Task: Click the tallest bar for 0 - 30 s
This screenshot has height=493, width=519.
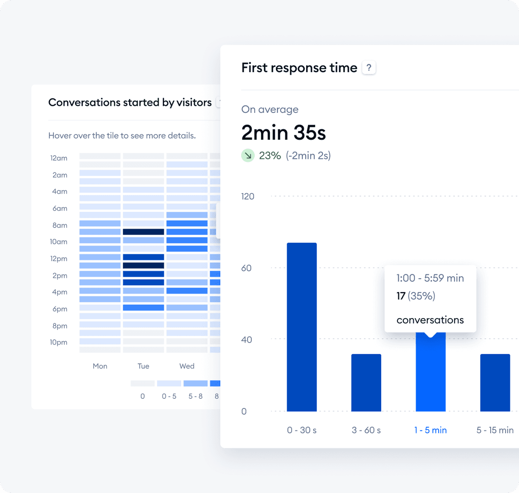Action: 302,327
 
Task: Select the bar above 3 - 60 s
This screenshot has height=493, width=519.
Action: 366,382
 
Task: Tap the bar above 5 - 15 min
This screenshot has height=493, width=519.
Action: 495,382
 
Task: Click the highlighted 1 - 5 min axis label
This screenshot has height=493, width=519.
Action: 431,430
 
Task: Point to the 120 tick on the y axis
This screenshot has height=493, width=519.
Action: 248,196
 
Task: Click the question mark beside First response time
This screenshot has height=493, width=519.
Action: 369,68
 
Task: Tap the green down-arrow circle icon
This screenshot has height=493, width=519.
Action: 247,155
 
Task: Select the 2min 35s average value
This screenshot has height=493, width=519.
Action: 284,133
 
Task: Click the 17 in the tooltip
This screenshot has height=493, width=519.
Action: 401,296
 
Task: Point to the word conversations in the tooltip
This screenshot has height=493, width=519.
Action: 430,320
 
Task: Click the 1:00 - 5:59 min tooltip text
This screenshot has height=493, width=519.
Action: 430,278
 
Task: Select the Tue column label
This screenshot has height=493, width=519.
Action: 143,366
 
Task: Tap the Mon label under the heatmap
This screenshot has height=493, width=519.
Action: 100,366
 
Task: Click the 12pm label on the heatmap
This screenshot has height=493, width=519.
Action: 59,259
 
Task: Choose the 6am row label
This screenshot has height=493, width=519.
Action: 60,208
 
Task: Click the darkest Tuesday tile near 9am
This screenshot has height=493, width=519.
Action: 143,232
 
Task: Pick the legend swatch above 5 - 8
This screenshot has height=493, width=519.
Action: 195,383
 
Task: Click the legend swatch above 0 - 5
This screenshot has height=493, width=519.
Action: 169,383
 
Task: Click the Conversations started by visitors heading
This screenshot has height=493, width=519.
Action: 130,102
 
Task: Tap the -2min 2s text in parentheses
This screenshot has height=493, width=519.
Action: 308,155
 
